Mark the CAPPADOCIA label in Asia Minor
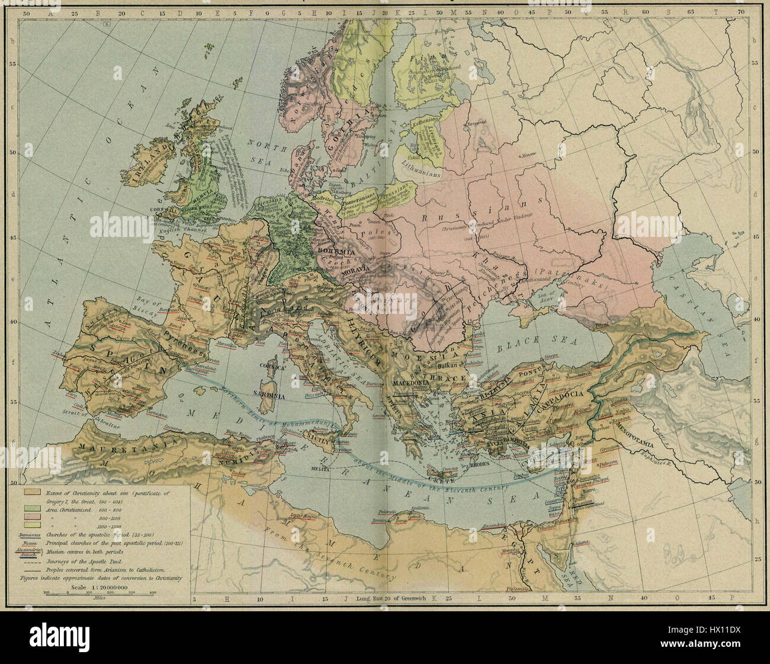pos(569,394)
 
